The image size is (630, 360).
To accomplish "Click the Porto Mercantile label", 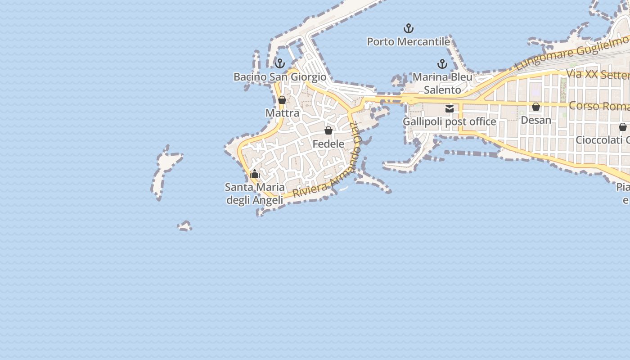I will point(408,42).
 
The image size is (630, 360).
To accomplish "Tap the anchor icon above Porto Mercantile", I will point(408,29).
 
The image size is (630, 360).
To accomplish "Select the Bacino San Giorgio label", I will point(280,77).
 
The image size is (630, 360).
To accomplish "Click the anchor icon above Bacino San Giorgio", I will point(280,63).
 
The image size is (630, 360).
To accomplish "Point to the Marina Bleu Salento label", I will point(442,83).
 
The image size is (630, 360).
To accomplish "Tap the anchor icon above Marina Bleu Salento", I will point(442,64).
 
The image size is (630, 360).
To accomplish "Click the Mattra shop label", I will point(282,113).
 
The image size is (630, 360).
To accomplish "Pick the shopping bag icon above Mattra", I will point(282,100).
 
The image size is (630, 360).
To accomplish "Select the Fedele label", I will point(328,144).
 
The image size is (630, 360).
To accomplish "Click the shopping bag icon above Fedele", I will point(328,130).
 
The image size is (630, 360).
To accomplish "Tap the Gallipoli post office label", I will point(449,121).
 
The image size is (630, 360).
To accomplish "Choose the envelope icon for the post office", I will point(449,108).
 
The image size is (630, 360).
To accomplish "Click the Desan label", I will point(536,120).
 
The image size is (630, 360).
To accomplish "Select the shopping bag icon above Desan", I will point(536,107).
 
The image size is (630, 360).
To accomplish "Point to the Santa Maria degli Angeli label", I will point(255,193).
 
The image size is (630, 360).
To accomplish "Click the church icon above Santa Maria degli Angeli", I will point(255,174).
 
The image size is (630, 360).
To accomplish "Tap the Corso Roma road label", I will point(598,106).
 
